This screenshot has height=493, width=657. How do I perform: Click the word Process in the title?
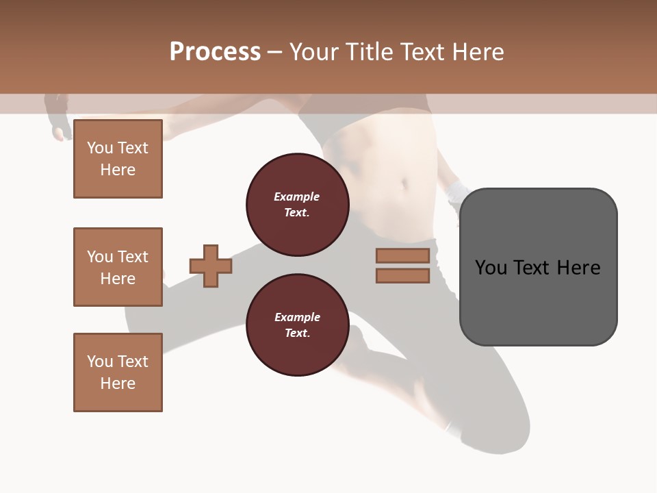tap(215, 52)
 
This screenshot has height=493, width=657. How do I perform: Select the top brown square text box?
tap(118, 159)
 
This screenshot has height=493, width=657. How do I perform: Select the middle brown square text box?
tap(118, 267)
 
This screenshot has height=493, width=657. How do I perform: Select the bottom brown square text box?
tap(118, 372)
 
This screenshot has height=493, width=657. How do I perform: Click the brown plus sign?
tap(211, 266)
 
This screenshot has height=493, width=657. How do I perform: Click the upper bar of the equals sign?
tap(402, 256)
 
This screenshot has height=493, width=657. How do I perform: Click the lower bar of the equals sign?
tap(402, 276)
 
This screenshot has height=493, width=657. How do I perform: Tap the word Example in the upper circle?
tap(297, 197)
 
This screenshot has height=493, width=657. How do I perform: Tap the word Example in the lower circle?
tap(297, 317)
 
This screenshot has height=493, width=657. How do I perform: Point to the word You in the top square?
tap(100, 148)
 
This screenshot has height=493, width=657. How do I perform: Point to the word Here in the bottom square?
tap(118, 383)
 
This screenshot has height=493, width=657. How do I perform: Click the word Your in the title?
tap(314, 52)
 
